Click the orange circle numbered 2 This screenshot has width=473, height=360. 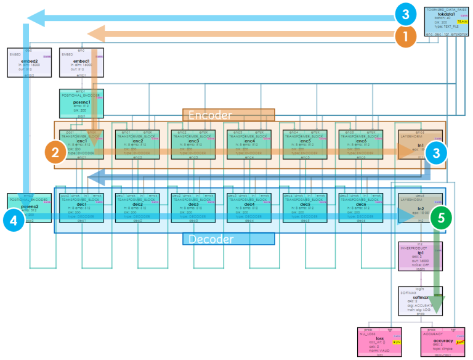pos(55,152)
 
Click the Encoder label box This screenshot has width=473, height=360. pos(228,115)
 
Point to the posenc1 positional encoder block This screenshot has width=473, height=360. pos(81,104)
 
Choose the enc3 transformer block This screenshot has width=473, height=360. pos(193,145)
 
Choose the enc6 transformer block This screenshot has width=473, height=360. pos(361,145)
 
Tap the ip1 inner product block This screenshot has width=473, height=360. pos(421,256)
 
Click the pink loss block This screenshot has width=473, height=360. pos(379,342)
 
